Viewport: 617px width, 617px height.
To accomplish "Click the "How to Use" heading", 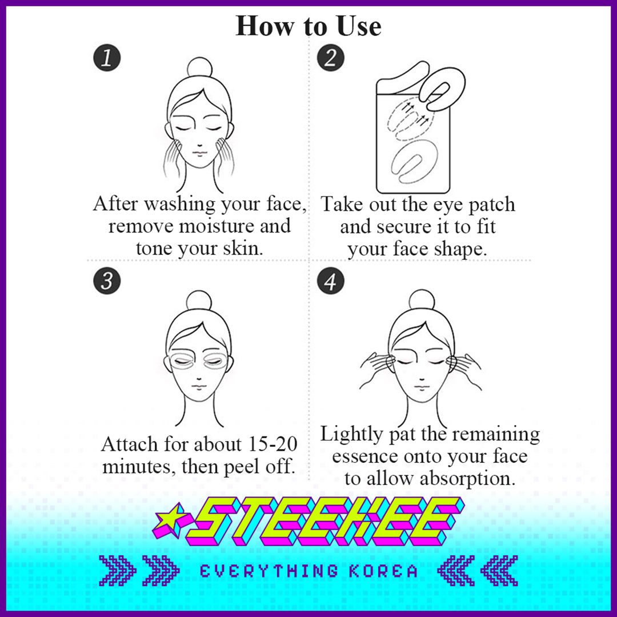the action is (x=308, y=26).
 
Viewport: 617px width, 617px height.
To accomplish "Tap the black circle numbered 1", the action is (x=107, y=58).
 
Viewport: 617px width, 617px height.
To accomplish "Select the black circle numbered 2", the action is (x=331, y=58).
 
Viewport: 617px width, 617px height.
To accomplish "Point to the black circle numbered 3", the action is (x=107, y=281).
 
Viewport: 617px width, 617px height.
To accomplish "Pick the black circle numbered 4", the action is (x=331, y=281).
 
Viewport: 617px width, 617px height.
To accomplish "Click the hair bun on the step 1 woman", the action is (x=200, y=67).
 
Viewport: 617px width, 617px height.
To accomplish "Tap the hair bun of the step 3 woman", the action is (x=199, y=301).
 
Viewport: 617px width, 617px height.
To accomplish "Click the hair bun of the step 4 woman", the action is (x=422, y=300).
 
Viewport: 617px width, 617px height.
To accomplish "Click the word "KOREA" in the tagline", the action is (x=384, y=571).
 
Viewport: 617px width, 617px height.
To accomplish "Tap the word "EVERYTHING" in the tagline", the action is (x=269, y=571).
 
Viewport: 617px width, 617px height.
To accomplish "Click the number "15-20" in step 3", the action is (x=273, y=444).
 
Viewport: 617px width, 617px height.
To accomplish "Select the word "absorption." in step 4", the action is (x=467, y=479).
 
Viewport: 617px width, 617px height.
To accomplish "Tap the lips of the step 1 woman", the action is (x=200, y=153).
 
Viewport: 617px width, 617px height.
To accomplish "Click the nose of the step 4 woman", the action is (x=422, y=379).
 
